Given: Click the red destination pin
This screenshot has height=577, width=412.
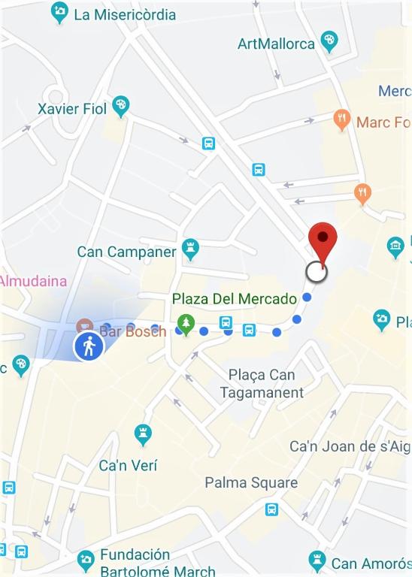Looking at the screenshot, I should click(x=323, y=240).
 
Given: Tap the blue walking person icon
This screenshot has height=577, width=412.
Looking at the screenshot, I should click(x=89, y=346).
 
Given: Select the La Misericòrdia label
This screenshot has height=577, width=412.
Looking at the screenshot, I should click(x=125, y=14).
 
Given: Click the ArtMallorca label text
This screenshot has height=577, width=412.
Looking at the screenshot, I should click(x=276, y=44).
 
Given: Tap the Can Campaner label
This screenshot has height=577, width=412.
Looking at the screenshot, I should click(x=126, y=251).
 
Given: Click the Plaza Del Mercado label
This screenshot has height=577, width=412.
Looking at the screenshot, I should click(x=235, y=299).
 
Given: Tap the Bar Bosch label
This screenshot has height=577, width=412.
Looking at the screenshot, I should click(x=133, y=331).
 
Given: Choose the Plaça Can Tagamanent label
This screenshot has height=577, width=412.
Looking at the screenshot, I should click(x=262, y=383).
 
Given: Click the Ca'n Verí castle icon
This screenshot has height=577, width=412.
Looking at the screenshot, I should click(x=143, y=434).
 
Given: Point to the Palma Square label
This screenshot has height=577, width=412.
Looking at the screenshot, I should click(x=251, y=482).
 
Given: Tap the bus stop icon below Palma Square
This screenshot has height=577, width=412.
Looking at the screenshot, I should click(x=272, y=509).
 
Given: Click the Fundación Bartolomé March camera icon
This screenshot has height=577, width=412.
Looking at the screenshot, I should click(x=86, y=559).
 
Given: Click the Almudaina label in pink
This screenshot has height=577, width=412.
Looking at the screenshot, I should click(x=33, y=281).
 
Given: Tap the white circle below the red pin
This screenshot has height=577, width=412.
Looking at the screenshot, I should click(x=317, y=272).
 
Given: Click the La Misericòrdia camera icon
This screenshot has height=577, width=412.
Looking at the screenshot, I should click(x=59, y=12).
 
